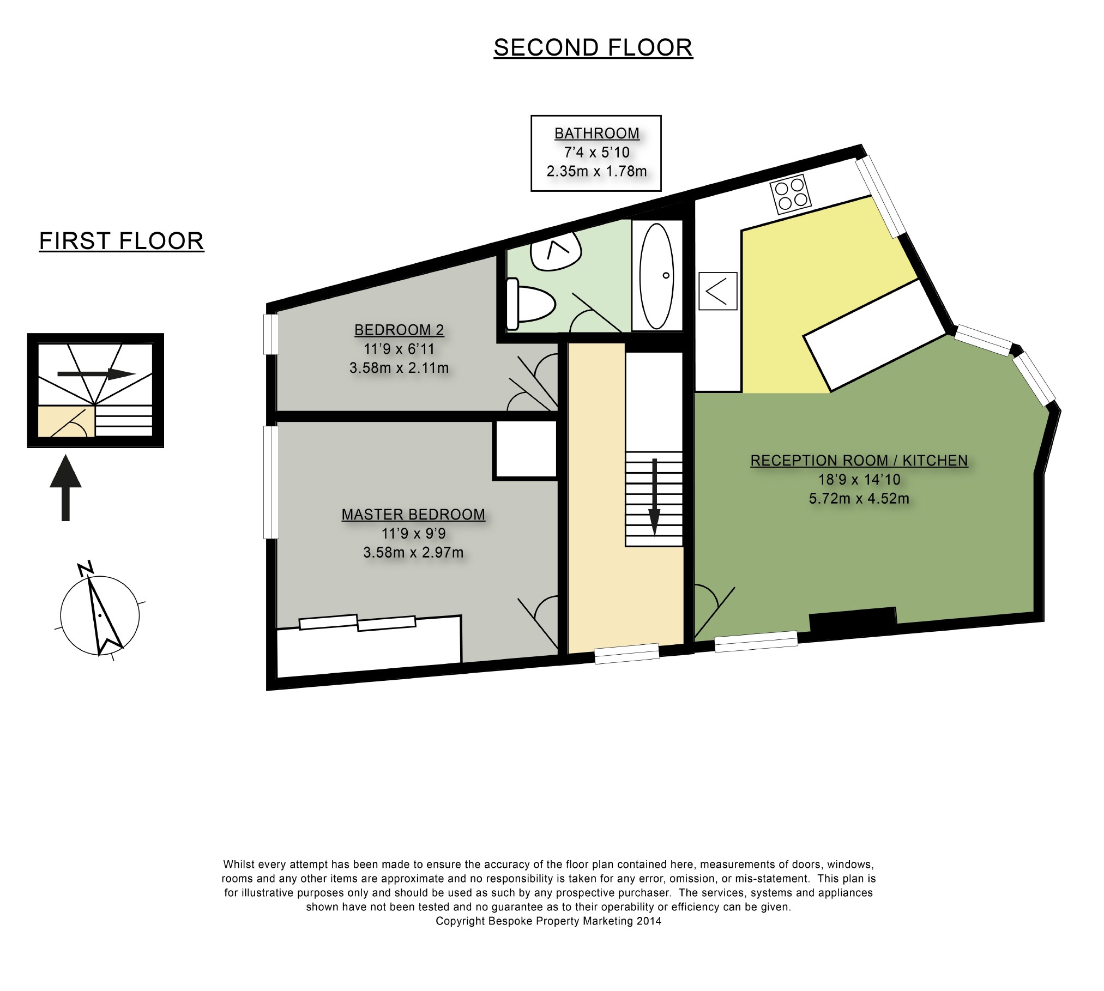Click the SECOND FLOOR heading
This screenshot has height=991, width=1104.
[x=593, y=48]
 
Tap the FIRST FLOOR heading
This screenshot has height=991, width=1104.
[x=122, y=241]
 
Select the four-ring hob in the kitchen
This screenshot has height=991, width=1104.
[x=789, y=195]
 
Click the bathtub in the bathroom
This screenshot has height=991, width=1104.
[x=657, y=275]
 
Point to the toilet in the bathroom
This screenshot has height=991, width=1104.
[x=529, y=304]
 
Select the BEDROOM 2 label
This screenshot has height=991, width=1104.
[x=399, y=330]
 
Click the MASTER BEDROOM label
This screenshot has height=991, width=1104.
[x=413, y=515]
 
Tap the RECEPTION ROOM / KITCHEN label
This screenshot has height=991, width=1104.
[x=859, y=461]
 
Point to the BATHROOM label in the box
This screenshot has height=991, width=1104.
[x=597, y=134]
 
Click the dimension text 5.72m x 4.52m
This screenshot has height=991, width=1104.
[x=859, y=498]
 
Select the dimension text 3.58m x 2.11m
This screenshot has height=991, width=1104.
[x=399, y=368]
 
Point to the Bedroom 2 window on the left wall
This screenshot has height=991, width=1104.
[x=271, y=334]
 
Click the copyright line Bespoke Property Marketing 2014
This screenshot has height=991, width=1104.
[x=548, y=921]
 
